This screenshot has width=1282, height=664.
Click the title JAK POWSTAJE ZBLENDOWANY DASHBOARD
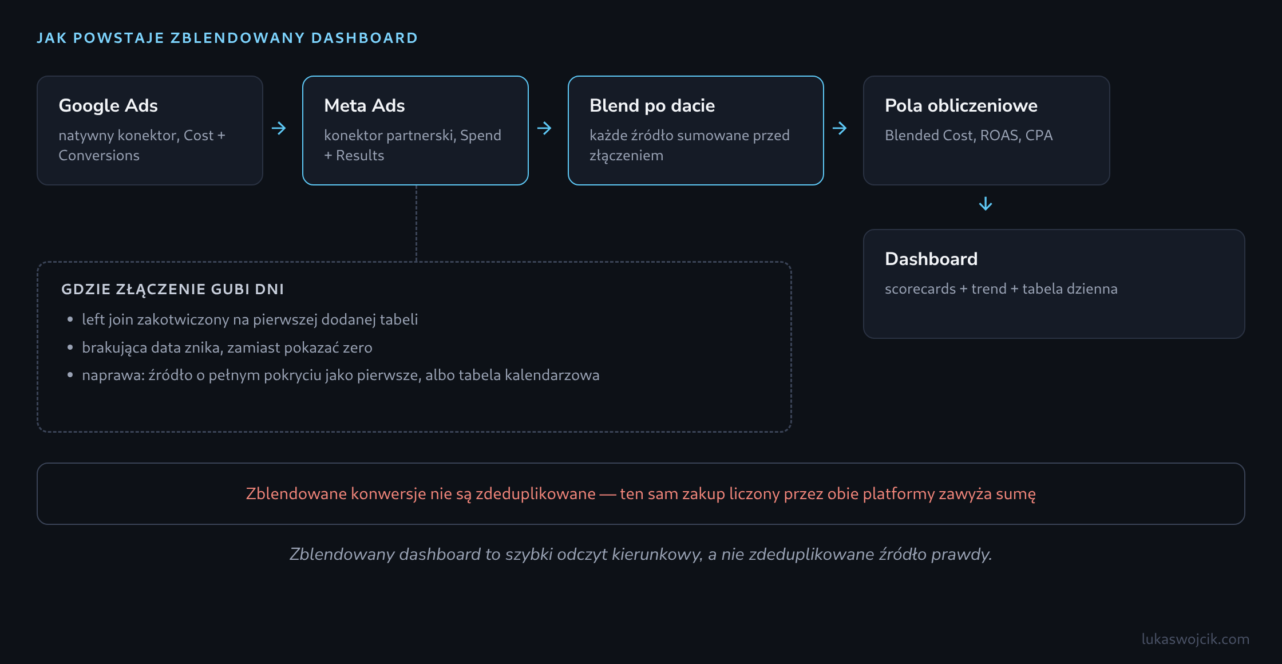click(x=227, y=38)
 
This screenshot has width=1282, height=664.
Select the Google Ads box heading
click(x=108, y=106)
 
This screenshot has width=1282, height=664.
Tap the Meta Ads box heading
click(x=365, y=105)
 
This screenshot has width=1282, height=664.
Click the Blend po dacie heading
click(x=652, y=106)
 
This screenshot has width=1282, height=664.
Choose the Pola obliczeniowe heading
click(x=961, y=105)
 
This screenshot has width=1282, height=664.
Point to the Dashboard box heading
click(x=931, y=259)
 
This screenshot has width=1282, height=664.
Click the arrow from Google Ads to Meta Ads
click(x=279, y=128)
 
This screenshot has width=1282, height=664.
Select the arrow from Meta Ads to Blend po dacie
click(x=544, y=128)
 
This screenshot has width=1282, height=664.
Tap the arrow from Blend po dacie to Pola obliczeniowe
click(x=840, y=128)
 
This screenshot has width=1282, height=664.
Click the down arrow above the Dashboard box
click(x=986, y=204)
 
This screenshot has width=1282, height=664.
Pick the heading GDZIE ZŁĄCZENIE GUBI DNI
click(x=173, y=289)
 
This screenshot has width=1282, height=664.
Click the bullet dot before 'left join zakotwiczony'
click(x=70, y=319)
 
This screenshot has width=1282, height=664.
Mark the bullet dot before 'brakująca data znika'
click(x=70, y=347)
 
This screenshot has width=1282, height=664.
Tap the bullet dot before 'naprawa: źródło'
click(x=70, y=375)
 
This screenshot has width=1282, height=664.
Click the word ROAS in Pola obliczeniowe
click(x=999, y=136)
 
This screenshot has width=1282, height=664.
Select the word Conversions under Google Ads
click(x=99, y=156)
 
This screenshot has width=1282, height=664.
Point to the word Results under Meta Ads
click(x=360, y=156)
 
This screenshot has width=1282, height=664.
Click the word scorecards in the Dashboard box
click(x=920, y=289)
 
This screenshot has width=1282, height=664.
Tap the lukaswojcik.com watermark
click(x=1196, y=639)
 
